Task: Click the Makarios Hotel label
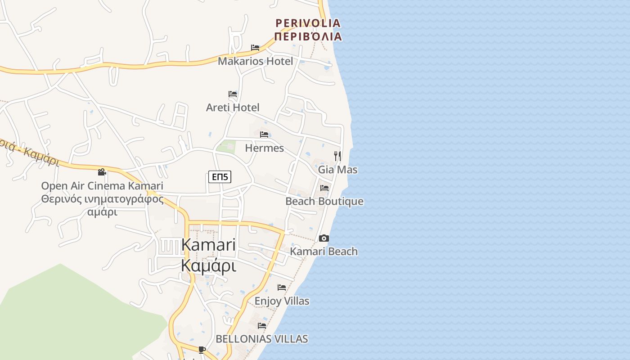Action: coord(255,61)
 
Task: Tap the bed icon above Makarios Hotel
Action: coord(255,47)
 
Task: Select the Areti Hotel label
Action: coord(233,108)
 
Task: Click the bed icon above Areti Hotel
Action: coord(233,94)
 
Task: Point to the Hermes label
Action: coord(264,148)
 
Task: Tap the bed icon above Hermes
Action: coord(264,135)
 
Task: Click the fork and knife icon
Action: coord(337,156)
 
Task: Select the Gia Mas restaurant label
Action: coord(337,170)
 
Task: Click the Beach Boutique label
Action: coord(324,201)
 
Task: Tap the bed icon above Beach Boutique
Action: coord(324,188)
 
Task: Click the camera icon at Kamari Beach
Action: coord(324,238)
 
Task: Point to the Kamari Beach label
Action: coord(324,252)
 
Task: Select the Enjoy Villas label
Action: coord(282,301)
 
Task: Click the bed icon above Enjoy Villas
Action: coord(282,287)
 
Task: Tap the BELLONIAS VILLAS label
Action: coord(262,339)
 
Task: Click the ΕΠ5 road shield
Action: coord(220,177)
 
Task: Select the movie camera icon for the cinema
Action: coord(102,172)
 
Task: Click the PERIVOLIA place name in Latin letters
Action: coord(308,22)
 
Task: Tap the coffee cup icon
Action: coord(202,350)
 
